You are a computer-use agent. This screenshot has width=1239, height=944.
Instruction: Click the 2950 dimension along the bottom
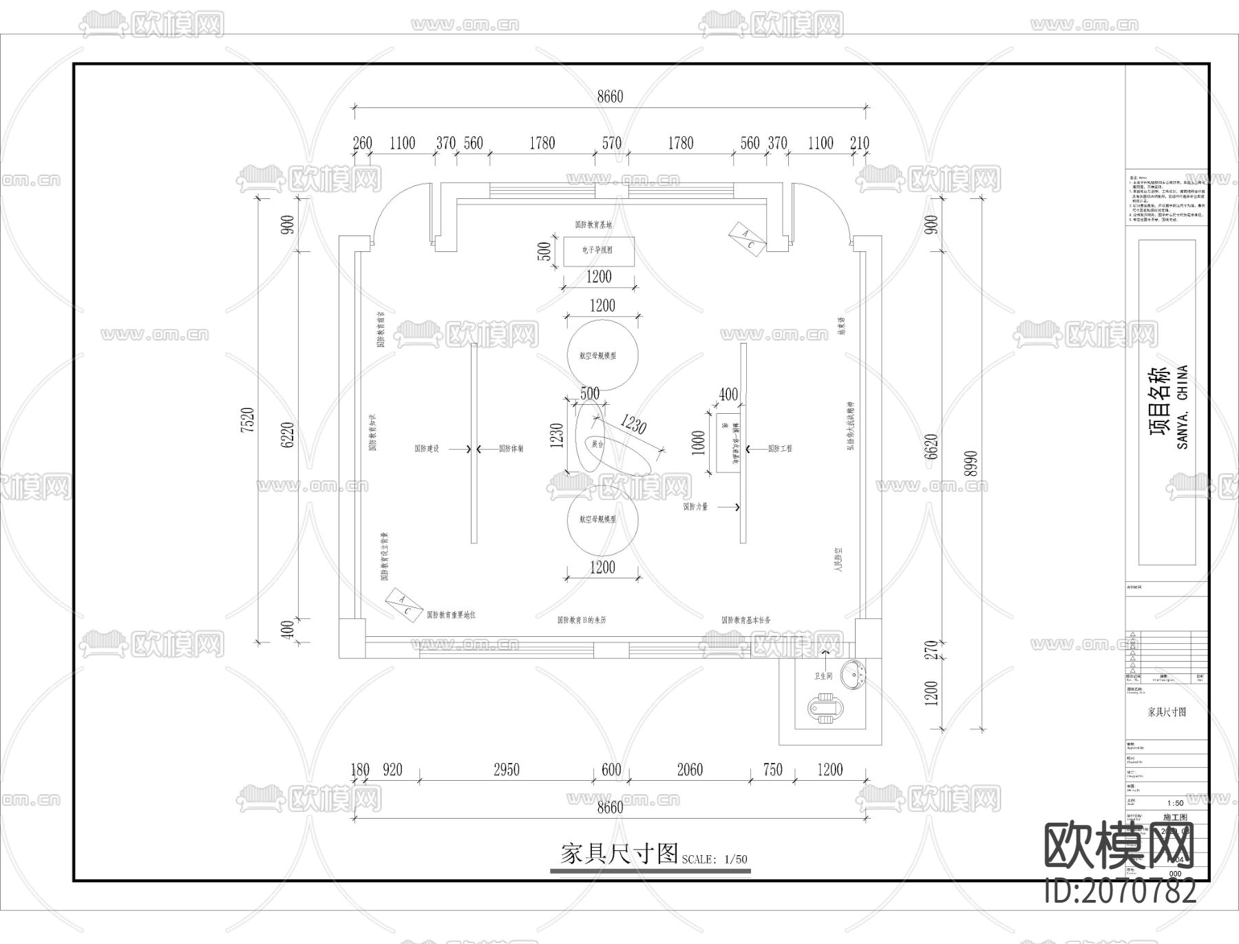click(506, 770)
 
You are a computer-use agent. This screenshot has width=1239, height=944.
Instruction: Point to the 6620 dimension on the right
click(931, 448)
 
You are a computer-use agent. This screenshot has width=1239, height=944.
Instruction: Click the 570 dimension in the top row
click(611, 143)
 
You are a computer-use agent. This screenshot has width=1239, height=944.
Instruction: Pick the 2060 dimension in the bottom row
click(689, 770)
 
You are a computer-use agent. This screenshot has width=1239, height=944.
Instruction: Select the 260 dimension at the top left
click(362, 143)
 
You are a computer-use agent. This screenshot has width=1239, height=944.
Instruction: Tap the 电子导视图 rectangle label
click(597, 251)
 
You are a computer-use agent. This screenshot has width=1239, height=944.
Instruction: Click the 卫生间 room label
click(823, 676)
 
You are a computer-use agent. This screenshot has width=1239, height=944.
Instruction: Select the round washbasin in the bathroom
click(856, 674)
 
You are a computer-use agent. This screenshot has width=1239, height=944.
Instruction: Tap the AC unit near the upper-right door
click(747, 239)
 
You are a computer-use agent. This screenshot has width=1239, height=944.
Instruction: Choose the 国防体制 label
click(511, 449)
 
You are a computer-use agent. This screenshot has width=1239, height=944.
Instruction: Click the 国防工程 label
click(780, 449)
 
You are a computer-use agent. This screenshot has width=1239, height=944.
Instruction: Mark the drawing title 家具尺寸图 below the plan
click(619, 854)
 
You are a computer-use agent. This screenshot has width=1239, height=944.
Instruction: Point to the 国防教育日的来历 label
click(582, 620)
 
